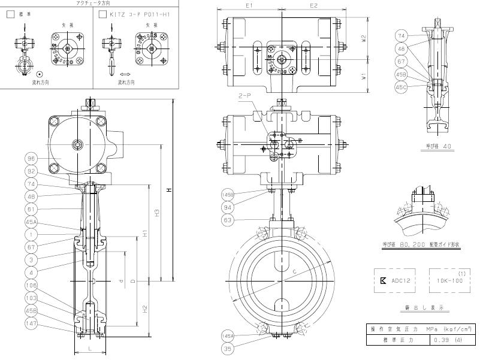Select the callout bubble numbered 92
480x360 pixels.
(x=32, y=171)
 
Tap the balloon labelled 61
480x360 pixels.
(x=32, y=209)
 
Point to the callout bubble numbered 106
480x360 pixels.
(x=32, y=286)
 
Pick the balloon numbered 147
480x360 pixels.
(x=32, y=324)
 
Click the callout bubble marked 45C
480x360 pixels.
(x=400, y=87)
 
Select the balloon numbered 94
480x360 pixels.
(x=228, y=207)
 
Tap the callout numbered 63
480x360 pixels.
(x=228, y=220)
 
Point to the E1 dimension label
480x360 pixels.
(x=250, y=5)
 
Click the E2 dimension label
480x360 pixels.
(x=313, y=5)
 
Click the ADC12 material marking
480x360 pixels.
(x=398, y=280)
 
